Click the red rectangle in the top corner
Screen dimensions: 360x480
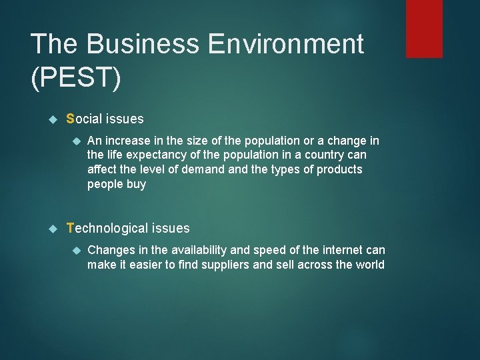point(424,28)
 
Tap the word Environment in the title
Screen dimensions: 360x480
point(287,45)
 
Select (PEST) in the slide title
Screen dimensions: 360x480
point(76,78)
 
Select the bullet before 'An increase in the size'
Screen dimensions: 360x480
point(75,141)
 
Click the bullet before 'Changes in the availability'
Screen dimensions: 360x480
point(75,250)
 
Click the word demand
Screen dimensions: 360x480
point(205,170)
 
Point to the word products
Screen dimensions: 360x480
point(339,170)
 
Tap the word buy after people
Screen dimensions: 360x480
point(135,185)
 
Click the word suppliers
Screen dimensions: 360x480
point(251,265)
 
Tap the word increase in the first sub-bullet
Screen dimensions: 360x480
point(126,141)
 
